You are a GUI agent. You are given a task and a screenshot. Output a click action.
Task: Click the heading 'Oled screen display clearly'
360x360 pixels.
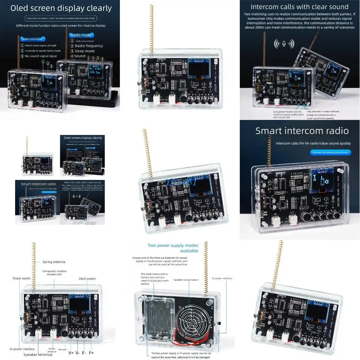coord(61,8)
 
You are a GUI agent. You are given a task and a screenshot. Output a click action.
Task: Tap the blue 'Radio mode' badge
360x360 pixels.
coord(81,35)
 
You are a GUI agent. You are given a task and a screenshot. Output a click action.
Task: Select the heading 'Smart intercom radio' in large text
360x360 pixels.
coord(302,131)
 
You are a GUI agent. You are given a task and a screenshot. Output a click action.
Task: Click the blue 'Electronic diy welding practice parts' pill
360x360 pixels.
coord(331,152)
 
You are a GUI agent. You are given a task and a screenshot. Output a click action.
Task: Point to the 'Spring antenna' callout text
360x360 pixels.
coord(53,262)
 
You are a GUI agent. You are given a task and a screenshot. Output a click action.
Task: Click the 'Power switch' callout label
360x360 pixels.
coord(22,278)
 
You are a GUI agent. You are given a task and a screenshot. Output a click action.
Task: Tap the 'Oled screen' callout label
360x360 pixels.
coord(87,279)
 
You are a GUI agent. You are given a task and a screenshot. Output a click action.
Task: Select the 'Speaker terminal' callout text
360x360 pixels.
coord(38,354)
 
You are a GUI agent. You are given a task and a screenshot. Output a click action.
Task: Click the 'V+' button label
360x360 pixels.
coord(71,353)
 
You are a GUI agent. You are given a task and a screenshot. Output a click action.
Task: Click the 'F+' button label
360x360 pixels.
coord(91,353)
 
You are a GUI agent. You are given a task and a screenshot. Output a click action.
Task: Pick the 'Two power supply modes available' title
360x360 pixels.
coord(173,248)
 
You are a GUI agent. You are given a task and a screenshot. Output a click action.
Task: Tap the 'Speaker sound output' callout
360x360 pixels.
coord(186,280)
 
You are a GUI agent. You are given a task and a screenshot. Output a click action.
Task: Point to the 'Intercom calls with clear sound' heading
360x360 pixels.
coord(300,7)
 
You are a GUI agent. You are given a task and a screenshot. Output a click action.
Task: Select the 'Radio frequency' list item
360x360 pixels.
coord(86,46)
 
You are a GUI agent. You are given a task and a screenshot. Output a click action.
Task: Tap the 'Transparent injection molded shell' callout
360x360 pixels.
coord(54,273)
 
